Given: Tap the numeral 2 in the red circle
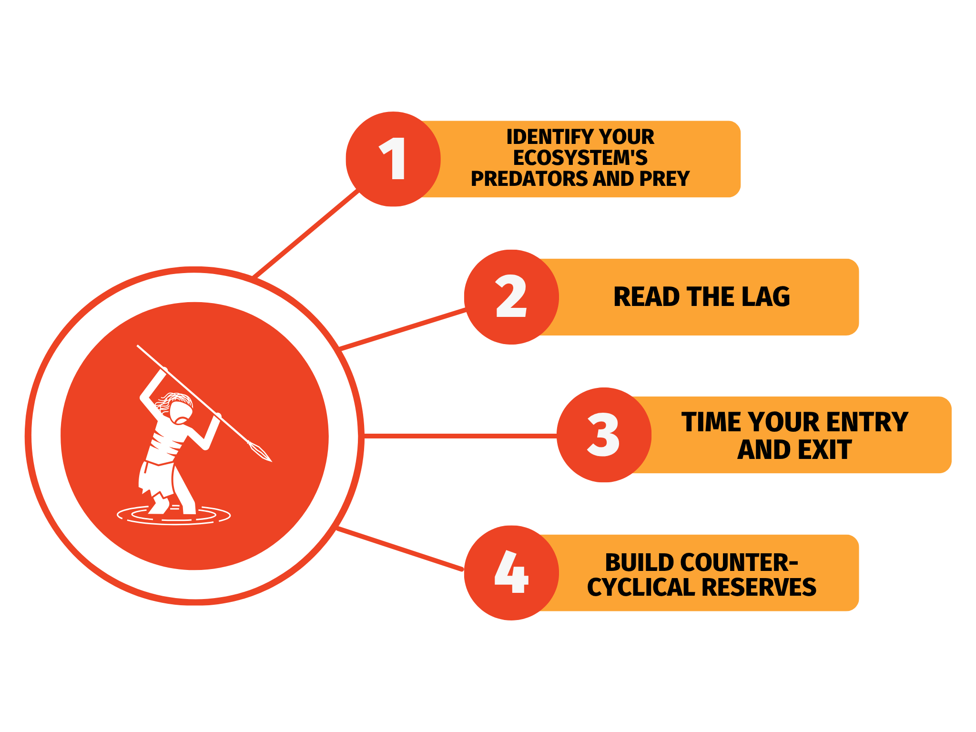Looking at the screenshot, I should tap(511, 297).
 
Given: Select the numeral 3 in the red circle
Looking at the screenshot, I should tap(603, 435).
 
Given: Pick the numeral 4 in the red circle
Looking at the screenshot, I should tap(511, 572).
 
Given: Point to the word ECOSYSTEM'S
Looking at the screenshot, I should tap(580, 158).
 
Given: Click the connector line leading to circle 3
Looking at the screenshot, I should tap(460, 436).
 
